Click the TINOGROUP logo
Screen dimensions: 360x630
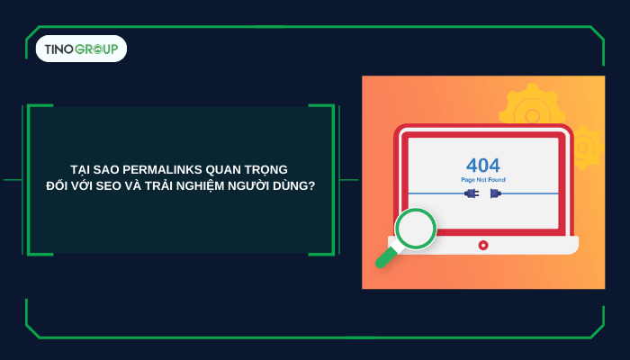click(81, 49)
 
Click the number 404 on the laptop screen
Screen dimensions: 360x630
click(483, 166)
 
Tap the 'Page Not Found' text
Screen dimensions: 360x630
click(483, 180)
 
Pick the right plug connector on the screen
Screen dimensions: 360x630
click(496, 193)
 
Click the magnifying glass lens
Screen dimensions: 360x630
click(415, 229)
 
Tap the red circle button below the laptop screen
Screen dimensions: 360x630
click(483, 245)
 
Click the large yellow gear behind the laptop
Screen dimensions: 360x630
click(531, 106)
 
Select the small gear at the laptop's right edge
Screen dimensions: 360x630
click(584, 146)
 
